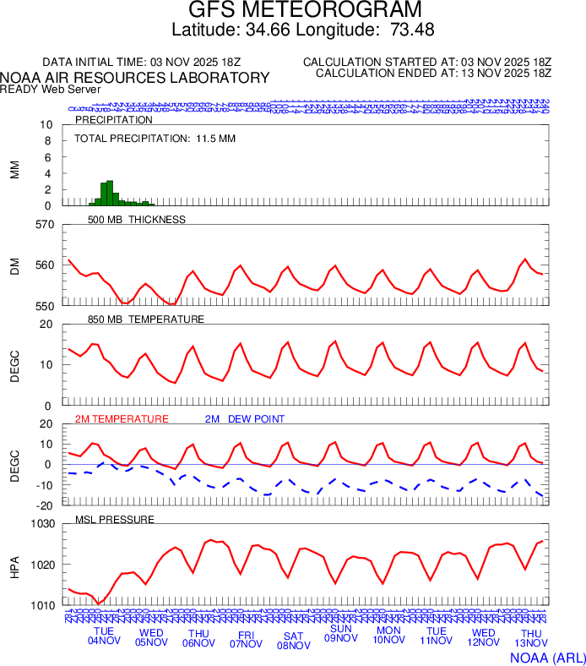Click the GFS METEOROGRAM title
pos(304,10)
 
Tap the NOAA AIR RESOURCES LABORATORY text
pos(135,78)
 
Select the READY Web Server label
pos(51,89)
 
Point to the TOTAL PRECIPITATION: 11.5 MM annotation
pos(155,138)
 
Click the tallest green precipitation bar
pos(110,194)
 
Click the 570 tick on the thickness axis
pos(44,225)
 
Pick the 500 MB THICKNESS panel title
pos(136,220)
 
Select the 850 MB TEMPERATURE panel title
pos(146,319)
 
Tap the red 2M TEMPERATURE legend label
pos(122,419)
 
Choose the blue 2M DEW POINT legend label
pos(245,419)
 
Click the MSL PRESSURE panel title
pos(115,519)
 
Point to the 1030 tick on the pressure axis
pos(41,524)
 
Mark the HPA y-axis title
pos(14,565)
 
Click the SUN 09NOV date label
pos(341,634)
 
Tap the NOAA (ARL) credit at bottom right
pos(547,658)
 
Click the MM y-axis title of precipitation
pos(14,169)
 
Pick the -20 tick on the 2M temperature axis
pos(46,505)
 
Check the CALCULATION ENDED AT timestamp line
pos(433,74)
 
